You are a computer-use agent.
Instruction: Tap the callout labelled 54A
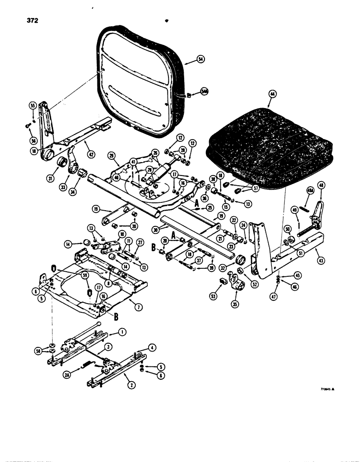204,92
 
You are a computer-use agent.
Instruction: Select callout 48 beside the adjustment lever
322,186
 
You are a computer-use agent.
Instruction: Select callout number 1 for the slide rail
122,331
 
